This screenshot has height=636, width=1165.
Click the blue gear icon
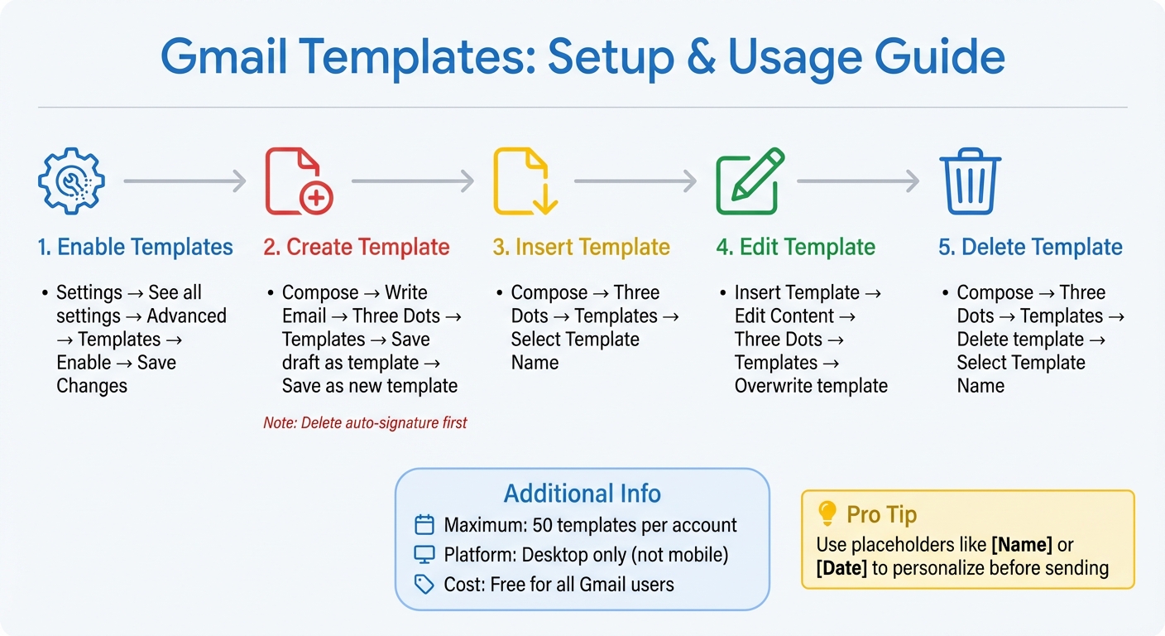tap(71, 181)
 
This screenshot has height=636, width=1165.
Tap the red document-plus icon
tap(298, 181)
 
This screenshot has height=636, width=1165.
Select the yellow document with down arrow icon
tap(524, 181)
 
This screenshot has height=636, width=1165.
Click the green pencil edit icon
tap(749, 181)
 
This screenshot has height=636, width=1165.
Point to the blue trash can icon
tap(971, 181)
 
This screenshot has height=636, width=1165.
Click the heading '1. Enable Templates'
tap(135, 247)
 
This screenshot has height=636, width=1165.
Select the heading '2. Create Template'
tap(357, 247)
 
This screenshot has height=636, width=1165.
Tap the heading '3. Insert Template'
tap(581, 247)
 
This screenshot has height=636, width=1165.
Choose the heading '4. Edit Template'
tap(795, 247)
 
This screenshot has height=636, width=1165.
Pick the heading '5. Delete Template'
tap(1030, 247)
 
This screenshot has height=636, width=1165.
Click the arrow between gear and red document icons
tap(185, 181)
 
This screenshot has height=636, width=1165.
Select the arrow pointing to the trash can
tap(858, 181)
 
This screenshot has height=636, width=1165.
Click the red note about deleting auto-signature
tap(365, 423)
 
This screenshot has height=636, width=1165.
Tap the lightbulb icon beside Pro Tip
tap(827, 513)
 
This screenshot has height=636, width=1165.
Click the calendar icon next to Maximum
tap(424, 525)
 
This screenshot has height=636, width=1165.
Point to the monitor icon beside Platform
tap(424, 555)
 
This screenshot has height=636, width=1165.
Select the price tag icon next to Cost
tap(424, 585)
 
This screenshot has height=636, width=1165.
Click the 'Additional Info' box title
tap(582, 494)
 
